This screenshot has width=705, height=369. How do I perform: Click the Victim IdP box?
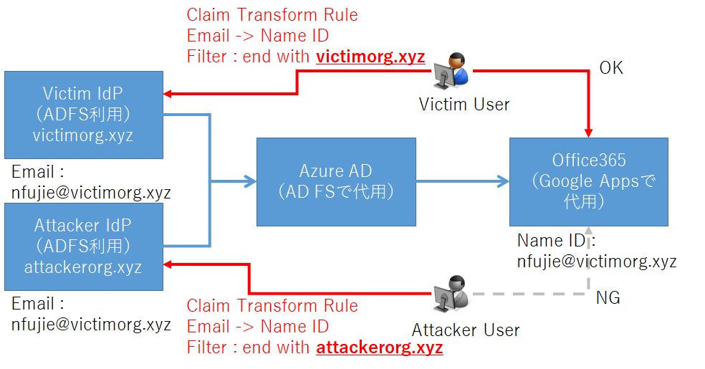[x=83, y=115]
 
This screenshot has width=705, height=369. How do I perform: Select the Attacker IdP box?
[x=83, y=246]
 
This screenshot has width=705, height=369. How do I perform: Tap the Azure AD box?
[x=336, y=182]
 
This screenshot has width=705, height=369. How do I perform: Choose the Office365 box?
[x=589, y=182]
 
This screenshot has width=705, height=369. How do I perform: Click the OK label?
[x=611, y=68]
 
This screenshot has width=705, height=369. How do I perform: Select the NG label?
[x=608, y=297]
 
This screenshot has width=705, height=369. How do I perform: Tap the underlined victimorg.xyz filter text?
[x=370, y=57]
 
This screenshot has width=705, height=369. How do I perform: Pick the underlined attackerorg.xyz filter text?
[x=379, y=348]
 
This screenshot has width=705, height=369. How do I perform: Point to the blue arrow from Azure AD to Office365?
[x=462, y=182]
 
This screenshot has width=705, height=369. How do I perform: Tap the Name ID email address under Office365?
[x=597, y=262]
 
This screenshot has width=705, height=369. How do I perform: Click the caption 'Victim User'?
[x=464, y=105]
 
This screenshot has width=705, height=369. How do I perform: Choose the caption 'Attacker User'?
[x=466, y=330]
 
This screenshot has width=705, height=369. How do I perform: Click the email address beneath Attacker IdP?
[x=91, y=324]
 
